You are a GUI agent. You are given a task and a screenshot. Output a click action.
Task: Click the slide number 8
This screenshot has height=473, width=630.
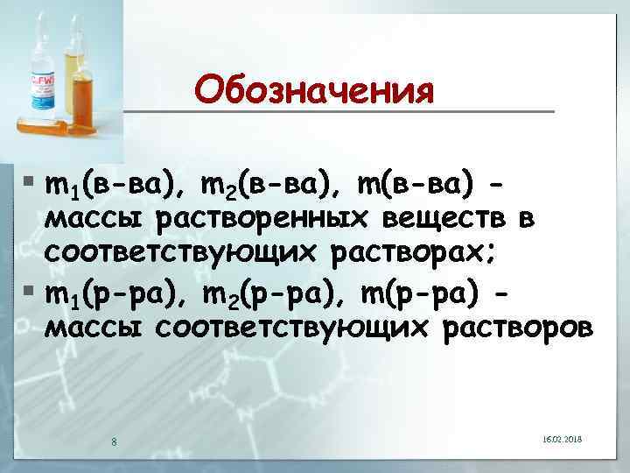coord(114,440)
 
